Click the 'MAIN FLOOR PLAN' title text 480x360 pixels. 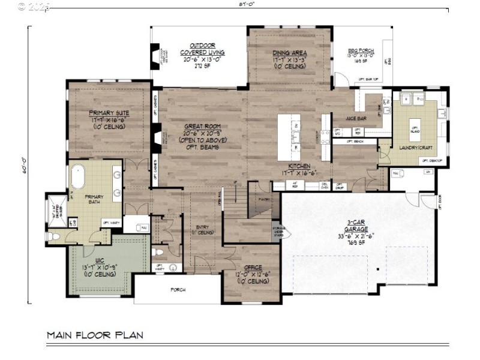95,334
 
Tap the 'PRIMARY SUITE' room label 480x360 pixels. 109,113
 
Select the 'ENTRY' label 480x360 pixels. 202,227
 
